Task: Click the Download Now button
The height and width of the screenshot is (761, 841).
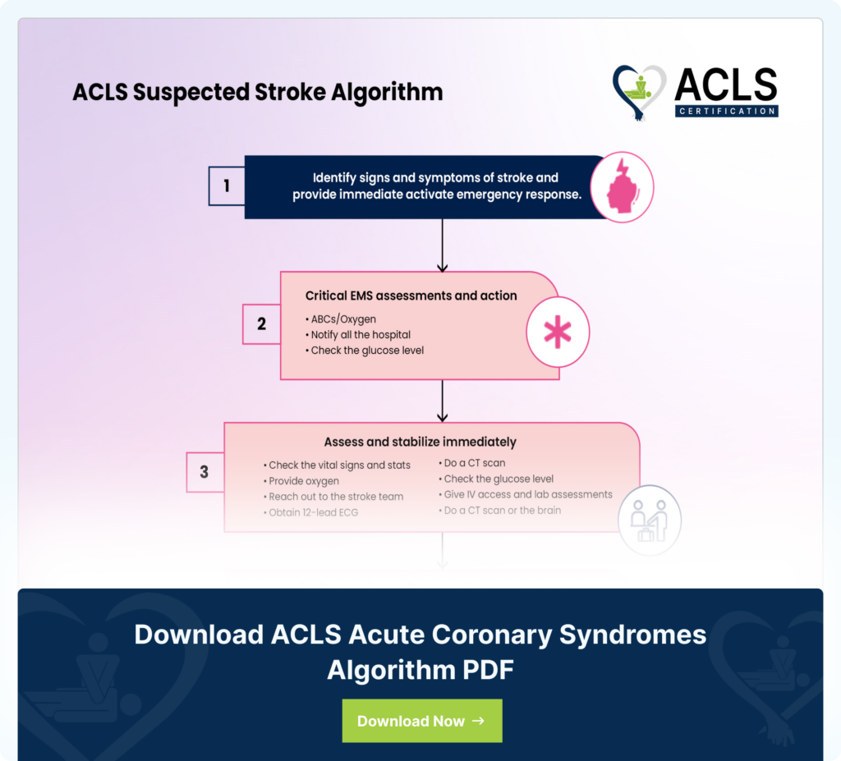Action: pyautogui.click(x=421, y=721)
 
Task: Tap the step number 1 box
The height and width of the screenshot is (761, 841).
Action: pyautogui.click(x=227, y=186)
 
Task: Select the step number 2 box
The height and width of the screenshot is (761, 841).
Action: pyautogui.click(x=261, y=324)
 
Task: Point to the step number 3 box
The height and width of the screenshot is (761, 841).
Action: pyautogui.click(x=205, y=473)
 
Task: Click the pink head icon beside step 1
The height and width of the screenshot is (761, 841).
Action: pyautogui.click(x=622, y=187)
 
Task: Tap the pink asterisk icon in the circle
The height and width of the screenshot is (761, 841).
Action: pyautogui.click(x=558, y=332)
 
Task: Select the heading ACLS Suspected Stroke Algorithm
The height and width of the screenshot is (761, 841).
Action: pyautogui.click(x=257, y=92)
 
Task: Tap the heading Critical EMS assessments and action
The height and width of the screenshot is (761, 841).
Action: pyautogui.click(x=411, y=296)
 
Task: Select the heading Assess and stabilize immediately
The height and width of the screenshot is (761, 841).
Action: pyautogui.click(x=420, y=442)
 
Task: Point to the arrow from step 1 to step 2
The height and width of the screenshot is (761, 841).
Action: pyautogui.click(x=443, y=245)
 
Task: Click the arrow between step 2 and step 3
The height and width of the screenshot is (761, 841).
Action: pyautogui.click(x=443, y=401)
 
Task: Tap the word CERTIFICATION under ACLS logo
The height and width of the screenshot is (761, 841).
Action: pyautogui.click(x=726, y=111)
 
